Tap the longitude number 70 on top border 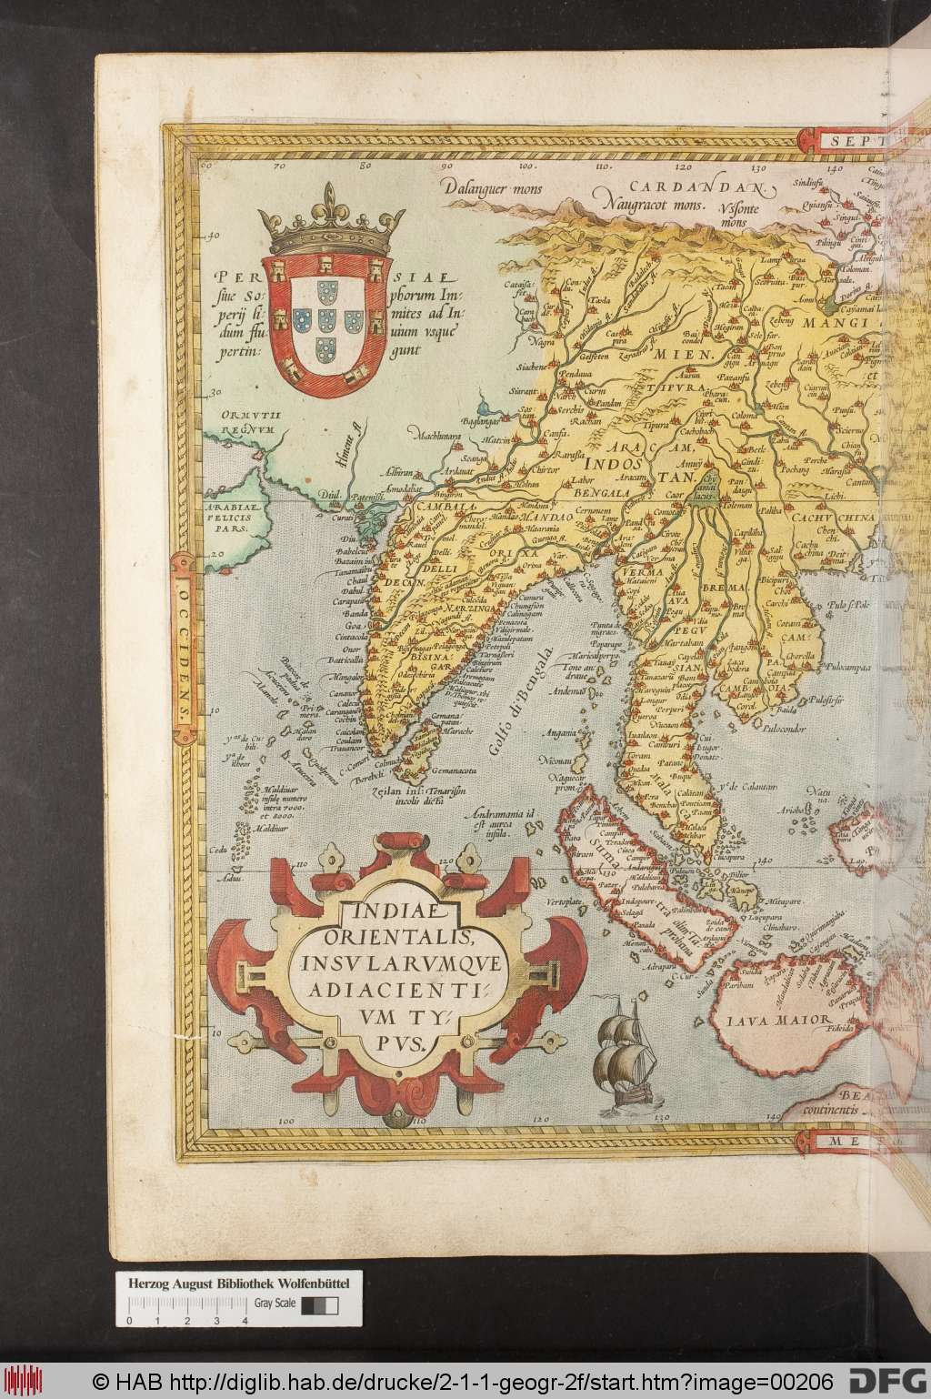pos(281,167)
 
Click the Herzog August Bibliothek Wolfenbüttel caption pos(239,1282)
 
